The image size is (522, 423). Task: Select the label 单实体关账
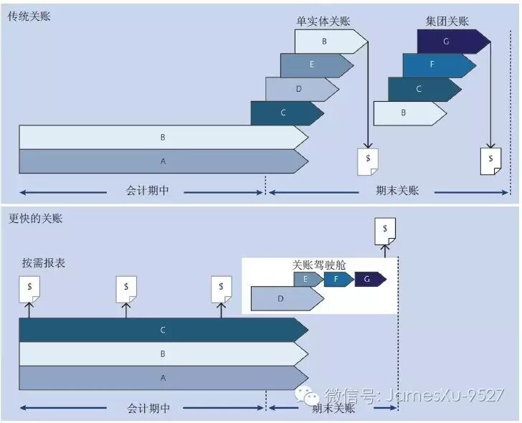pyautogui.click(x=321, y=21)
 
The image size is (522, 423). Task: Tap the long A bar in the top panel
pyautogui.click(x=163, y=161)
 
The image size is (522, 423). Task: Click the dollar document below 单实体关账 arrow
pyautogui.click(x=368, y=161)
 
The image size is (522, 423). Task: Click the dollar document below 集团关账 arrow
pyautogui.click(x=490, y=161)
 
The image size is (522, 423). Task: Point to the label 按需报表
pyautogui.click(x=44, y=263)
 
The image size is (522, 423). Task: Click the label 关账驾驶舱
pyautogui.click(x=319, y=265)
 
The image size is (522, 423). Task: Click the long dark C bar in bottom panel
pyautogui.click(x=163, y=330)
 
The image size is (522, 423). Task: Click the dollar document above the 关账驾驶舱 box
pyautogui.click(x=385, y=231)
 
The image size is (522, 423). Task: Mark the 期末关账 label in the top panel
pyautogui.click(x=397, y=191)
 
